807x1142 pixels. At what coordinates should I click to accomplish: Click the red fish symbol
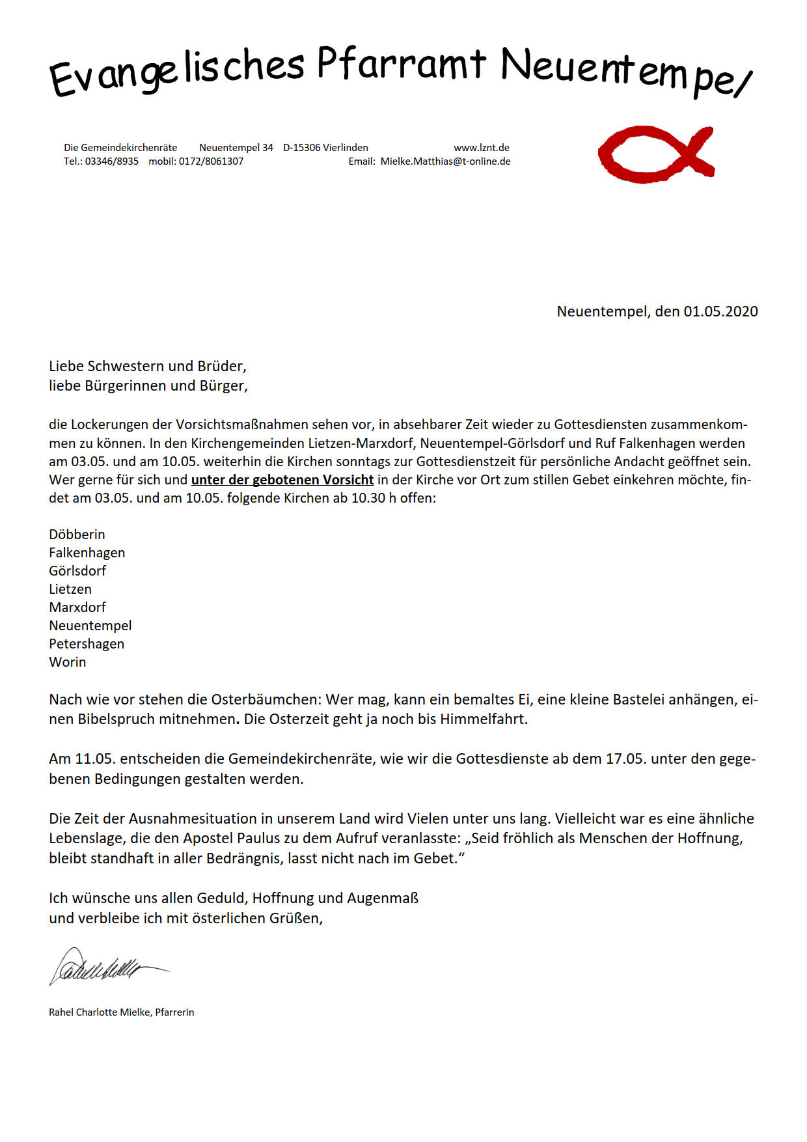(655, 154)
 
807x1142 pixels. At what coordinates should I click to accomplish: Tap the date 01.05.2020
(720, 311)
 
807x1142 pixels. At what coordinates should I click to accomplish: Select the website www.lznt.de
(482, 148)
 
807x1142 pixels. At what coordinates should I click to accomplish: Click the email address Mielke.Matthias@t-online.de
(445, 161)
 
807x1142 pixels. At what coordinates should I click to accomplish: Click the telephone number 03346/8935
(111, 161)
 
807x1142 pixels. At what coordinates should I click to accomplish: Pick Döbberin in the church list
(77, 535)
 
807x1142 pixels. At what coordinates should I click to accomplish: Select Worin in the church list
(68, 662)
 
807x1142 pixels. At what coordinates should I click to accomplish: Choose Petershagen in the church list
(87, 644)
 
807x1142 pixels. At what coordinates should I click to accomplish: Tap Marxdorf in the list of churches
(77, 607)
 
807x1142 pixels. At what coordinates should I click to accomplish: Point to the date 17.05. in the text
(626, 759)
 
